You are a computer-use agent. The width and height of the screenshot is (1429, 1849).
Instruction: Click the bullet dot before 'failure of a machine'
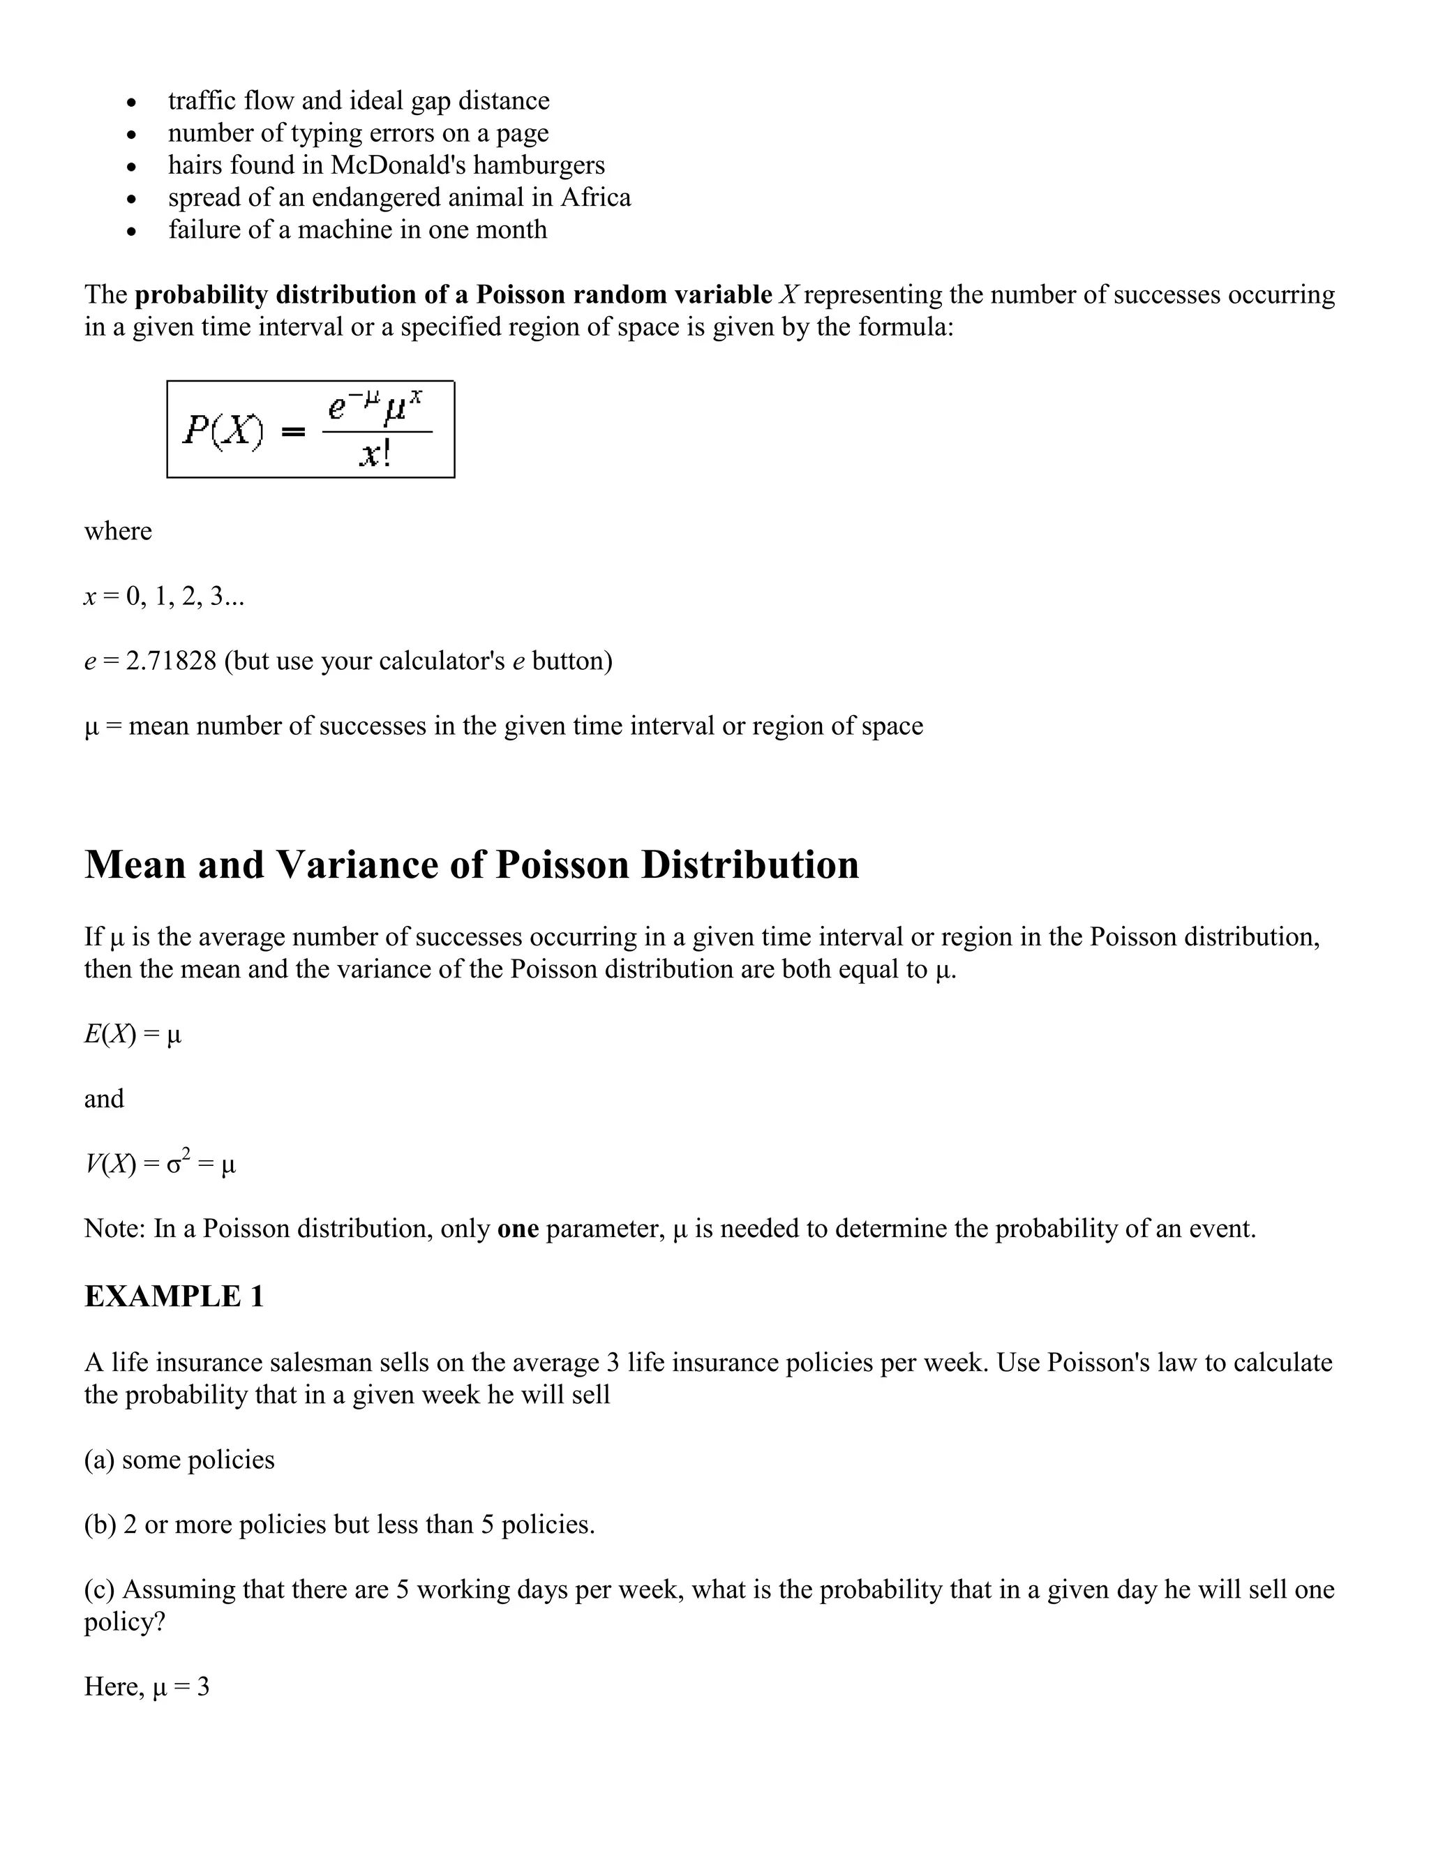coord(130,231)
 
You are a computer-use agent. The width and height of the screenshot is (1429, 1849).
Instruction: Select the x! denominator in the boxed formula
coord(374,456)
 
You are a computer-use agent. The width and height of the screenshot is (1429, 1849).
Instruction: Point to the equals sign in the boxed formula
coord(293,433)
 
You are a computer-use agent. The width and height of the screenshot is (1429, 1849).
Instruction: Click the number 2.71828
coord(171,661)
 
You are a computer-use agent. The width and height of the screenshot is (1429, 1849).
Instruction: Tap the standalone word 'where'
coord(118,532)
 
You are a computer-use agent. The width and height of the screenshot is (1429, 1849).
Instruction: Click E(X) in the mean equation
coord(110,1035)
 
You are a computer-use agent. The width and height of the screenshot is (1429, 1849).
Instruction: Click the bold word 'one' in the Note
coord(518,1229)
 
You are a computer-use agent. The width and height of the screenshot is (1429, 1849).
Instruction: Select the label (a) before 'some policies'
coord(99,1460)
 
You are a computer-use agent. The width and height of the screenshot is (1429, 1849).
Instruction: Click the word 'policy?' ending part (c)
coord(124,1622)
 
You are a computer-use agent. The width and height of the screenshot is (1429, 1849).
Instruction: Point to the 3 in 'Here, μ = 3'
coord(203,1687)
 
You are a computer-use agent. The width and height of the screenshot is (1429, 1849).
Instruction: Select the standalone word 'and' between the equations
coord(104,1099)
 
